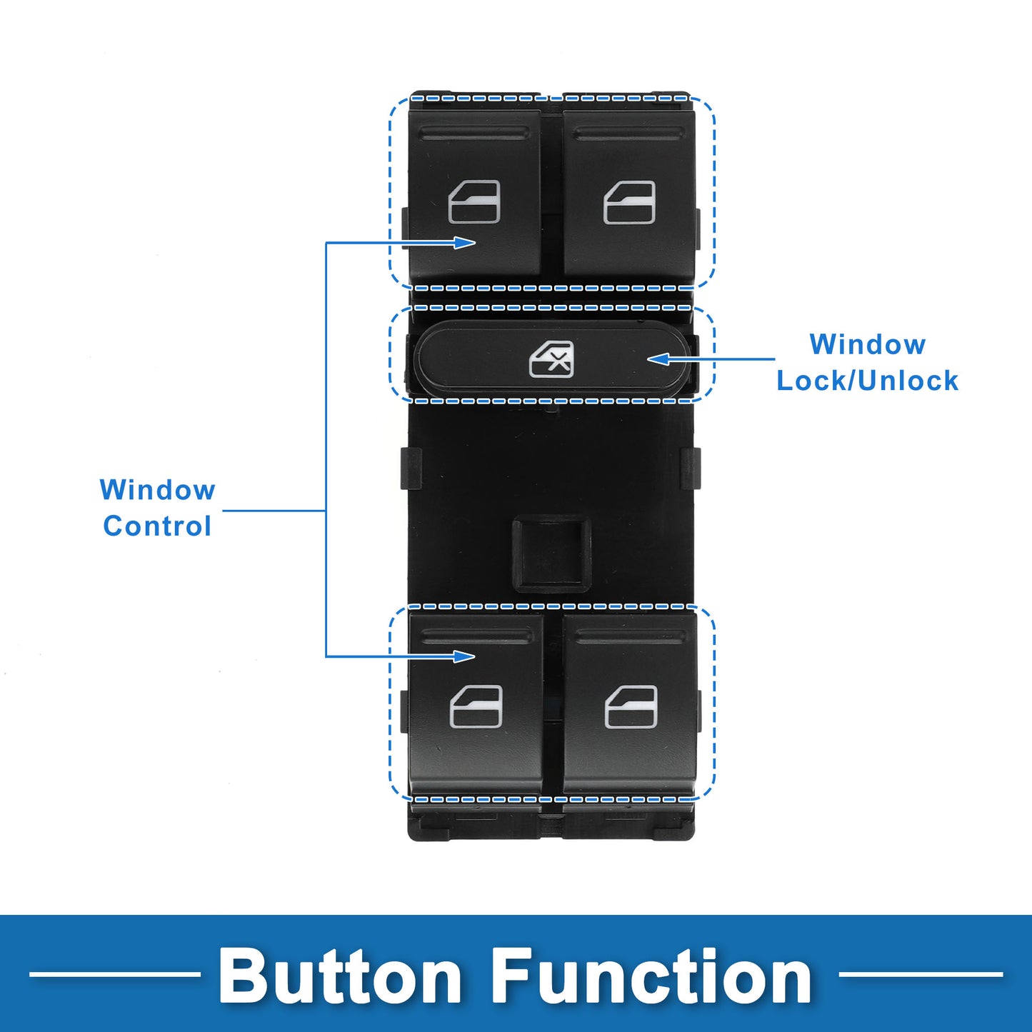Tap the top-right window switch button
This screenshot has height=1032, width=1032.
click(x=628, y=193)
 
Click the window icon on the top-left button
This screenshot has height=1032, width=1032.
click(x=474, y=202)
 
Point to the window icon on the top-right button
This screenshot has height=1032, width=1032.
click(x=629, y=202)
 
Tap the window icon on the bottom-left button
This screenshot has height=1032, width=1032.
click(x=476, y=706)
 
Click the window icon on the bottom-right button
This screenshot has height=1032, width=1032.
click(x=631, y=706)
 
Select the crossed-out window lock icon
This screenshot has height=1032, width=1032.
click(x=551, y=359)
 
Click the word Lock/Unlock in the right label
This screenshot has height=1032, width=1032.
click(x=867, y=381)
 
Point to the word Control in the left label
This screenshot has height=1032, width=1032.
click(x=157, y=526)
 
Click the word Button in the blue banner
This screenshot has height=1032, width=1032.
click(x=340, y=976)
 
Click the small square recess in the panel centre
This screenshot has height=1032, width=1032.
click(x=551, y=553)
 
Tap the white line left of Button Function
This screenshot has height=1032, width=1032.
click(x=114, y=973)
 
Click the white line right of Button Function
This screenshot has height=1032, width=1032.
click(x=921, y=973)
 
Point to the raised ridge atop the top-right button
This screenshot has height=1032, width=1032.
click(x=628, y=134)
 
